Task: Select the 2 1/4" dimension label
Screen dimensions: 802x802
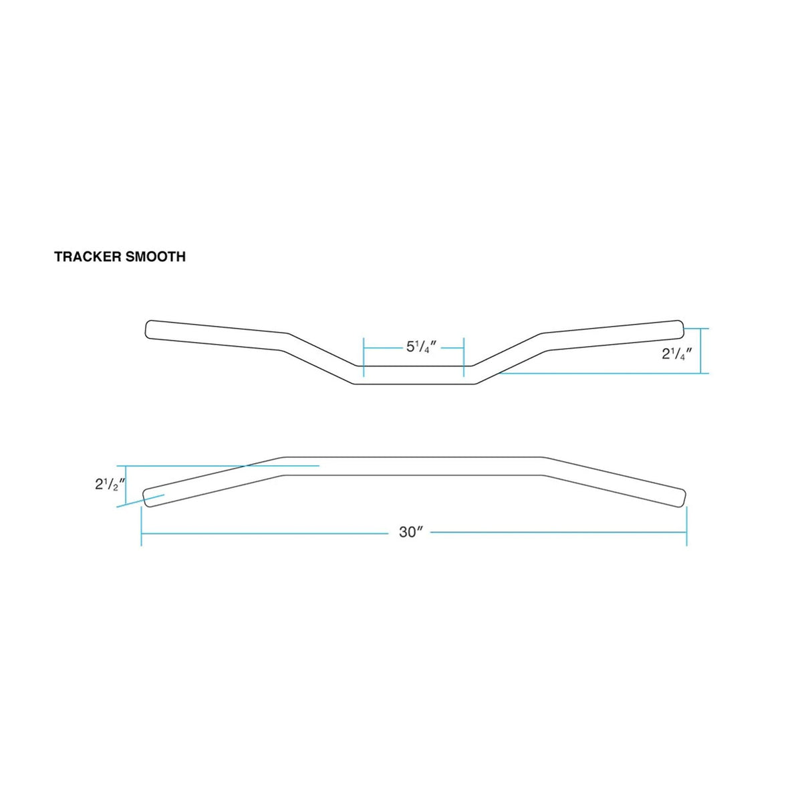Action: (x=676, y=354)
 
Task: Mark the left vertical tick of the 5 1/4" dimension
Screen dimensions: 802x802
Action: (x=363, y=358)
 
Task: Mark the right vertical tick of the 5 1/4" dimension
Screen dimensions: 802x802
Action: (x=464, y=358)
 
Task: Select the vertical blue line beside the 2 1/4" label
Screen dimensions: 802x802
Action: (x=701, y=351)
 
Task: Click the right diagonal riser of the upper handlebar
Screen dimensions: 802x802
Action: (x=508, y=358)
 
